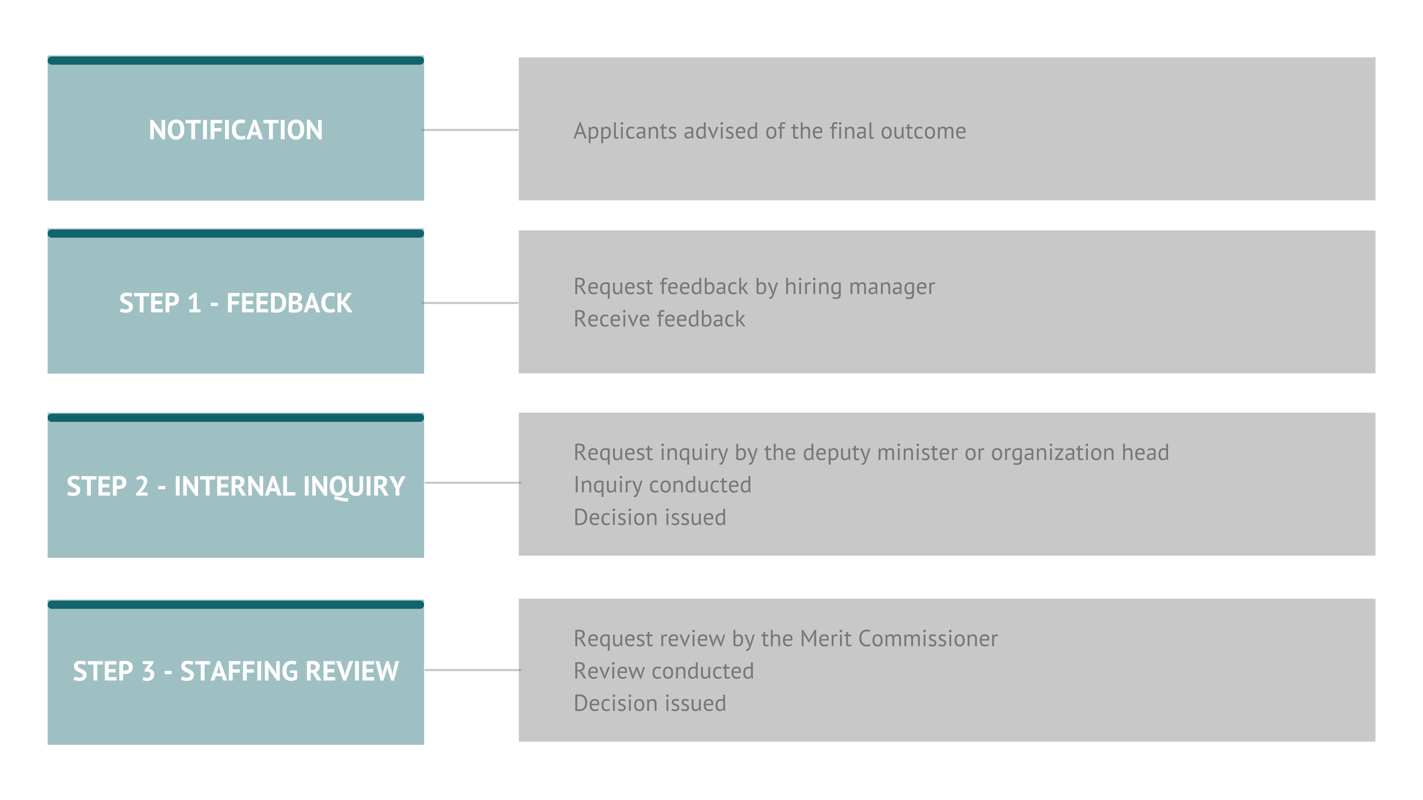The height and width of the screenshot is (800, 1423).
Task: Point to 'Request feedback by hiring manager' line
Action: click(x=754, y=286)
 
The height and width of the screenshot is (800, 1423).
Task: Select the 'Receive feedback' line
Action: click(x=659, y=319)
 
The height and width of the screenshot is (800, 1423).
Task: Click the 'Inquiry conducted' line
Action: click(x=662, y=485)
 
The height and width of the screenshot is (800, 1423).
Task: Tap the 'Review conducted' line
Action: click(x=663, y=671)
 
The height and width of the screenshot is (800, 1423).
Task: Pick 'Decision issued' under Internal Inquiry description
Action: click(x=650, y=517)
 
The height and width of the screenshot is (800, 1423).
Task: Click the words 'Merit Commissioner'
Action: click(x=899, y=639)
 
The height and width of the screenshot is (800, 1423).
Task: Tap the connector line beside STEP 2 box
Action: click(x=472, y=482)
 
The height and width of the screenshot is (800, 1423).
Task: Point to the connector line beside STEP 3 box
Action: click(x=472, y=670)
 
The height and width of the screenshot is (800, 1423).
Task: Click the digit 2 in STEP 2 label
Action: click(x=142, y=486)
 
